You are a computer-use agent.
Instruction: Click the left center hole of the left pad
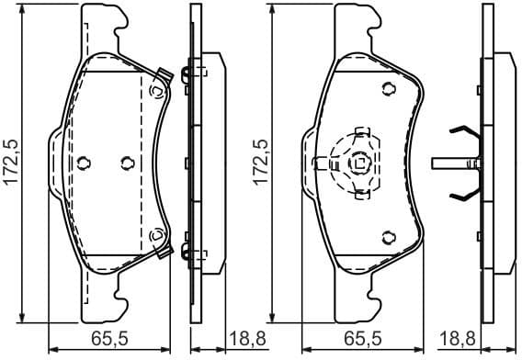point(84,163)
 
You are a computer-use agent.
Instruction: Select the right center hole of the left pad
point(127,163)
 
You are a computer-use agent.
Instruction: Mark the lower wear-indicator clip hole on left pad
point(158,235)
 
